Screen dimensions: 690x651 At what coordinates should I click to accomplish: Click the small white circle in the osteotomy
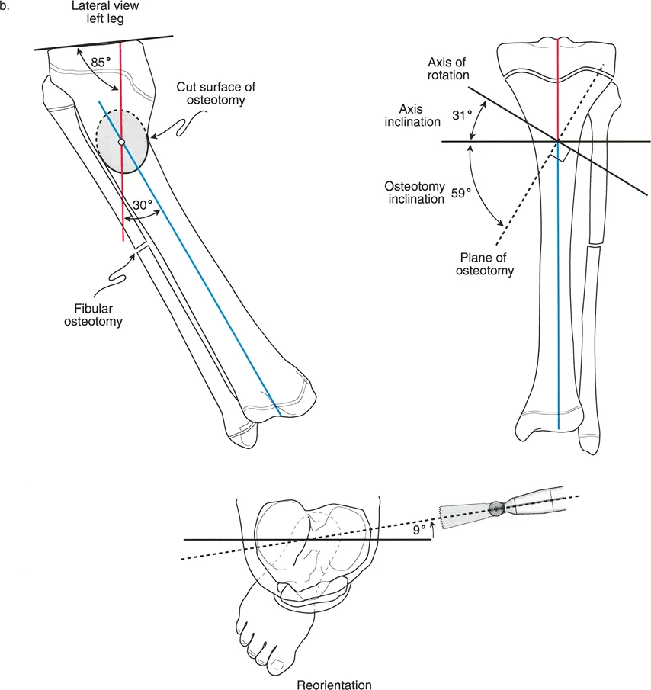121,142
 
